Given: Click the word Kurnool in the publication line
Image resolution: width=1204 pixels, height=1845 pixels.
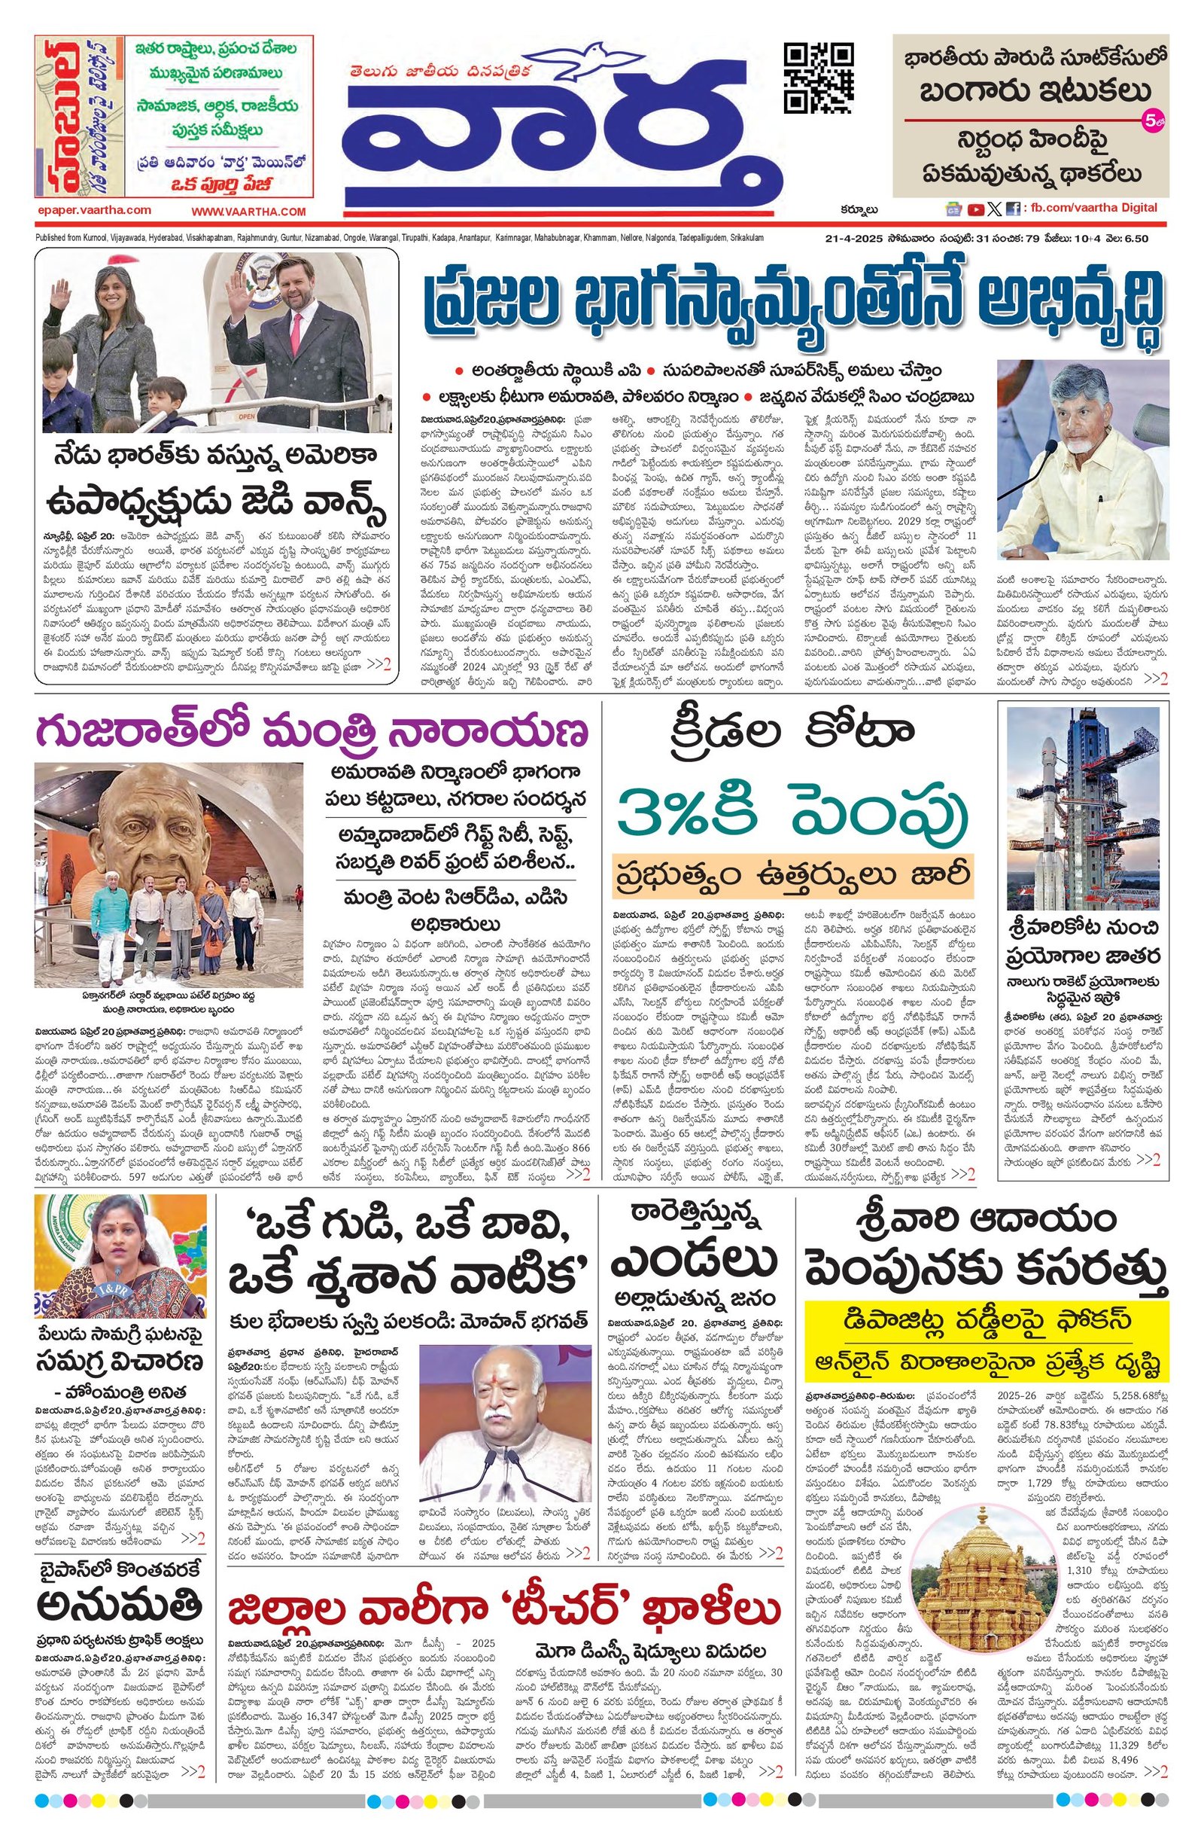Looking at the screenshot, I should pos(114,238).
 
